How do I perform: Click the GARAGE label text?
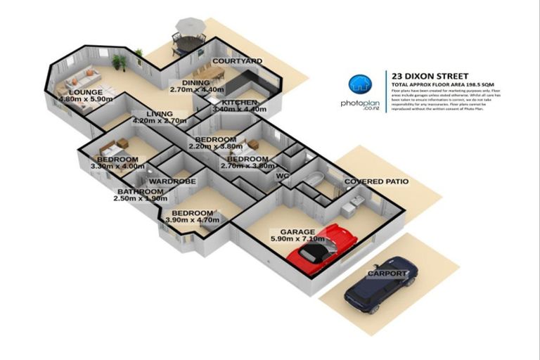(298, 231)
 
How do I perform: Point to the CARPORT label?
(387, 273)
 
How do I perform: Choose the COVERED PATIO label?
(376, 181)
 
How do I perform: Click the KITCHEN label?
(240, 103)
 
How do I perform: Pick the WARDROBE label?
(172, 181)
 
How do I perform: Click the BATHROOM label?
(140, 191)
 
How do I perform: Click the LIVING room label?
(160, 113)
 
